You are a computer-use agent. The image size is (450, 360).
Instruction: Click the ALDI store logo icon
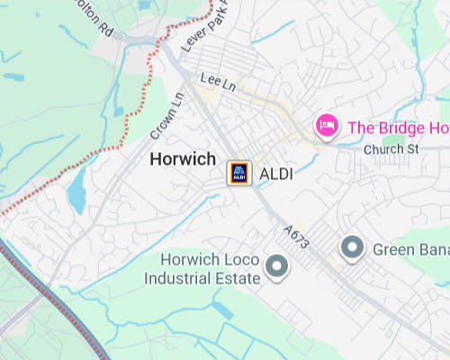tap(238, 173)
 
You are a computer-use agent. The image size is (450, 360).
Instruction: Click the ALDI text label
tap(277, 173)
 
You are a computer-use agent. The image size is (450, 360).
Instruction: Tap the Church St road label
tap(386, 148)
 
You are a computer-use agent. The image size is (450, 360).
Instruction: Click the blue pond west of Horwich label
tap(76, 191)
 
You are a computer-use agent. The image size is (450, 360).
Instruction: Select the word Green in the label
tap(392, 248)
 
